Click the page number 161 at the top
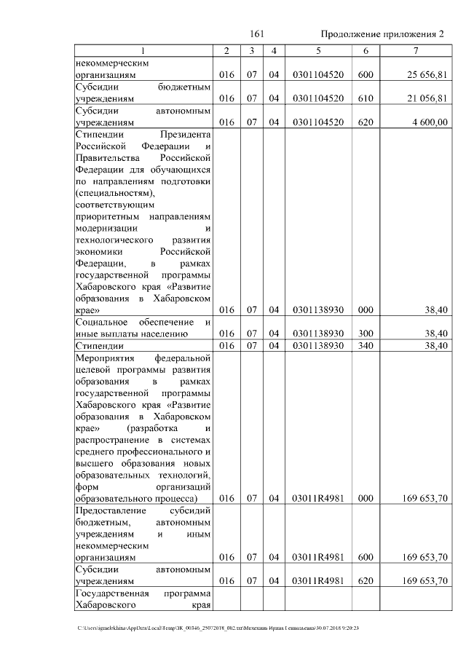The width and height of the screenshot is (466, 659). tap(256, 34)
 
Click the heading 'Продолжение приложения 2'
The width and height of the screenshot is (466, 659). tap(382, 34)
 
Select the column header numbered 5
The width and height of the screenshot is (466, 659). tap(317, 51)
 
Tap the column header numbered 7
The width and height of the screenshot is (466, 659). tap(414, 51)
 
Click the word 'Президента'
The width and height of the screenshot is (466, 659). tap(186, 135)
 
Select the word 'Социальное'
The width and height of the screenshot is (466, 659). tap(102, 322)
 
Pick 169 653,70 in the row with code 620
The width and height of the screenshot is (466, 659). tap(424, 582)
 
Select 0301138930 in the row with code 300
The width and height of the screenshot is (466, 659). tap(317, 334)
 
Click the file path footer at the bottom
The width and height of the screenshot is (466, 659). tap(219, 628)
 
